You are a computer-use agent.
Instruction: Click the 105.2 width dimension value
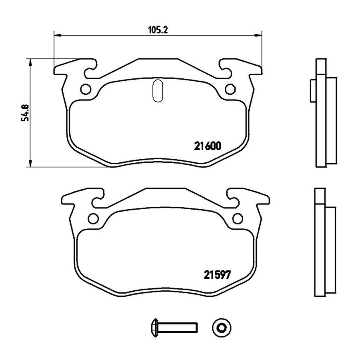point(158,30)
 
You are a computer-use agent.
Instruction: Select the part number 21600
point(208,146)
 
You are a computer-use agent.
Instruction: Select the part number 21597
point(217,275)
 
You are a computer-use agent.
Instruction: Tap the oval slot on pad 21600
point(158,91)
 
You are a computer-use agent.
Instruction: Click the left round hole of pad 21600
point(86,89)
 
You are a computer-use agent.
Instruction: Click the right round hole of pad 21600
point(230,89)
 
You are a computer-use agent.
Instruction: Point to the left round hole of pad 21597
point(94,218)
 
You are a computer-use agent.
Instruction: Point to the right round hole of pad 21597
point(238,218)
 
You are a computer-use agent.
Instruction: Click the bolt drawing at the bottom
point(174,328)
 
